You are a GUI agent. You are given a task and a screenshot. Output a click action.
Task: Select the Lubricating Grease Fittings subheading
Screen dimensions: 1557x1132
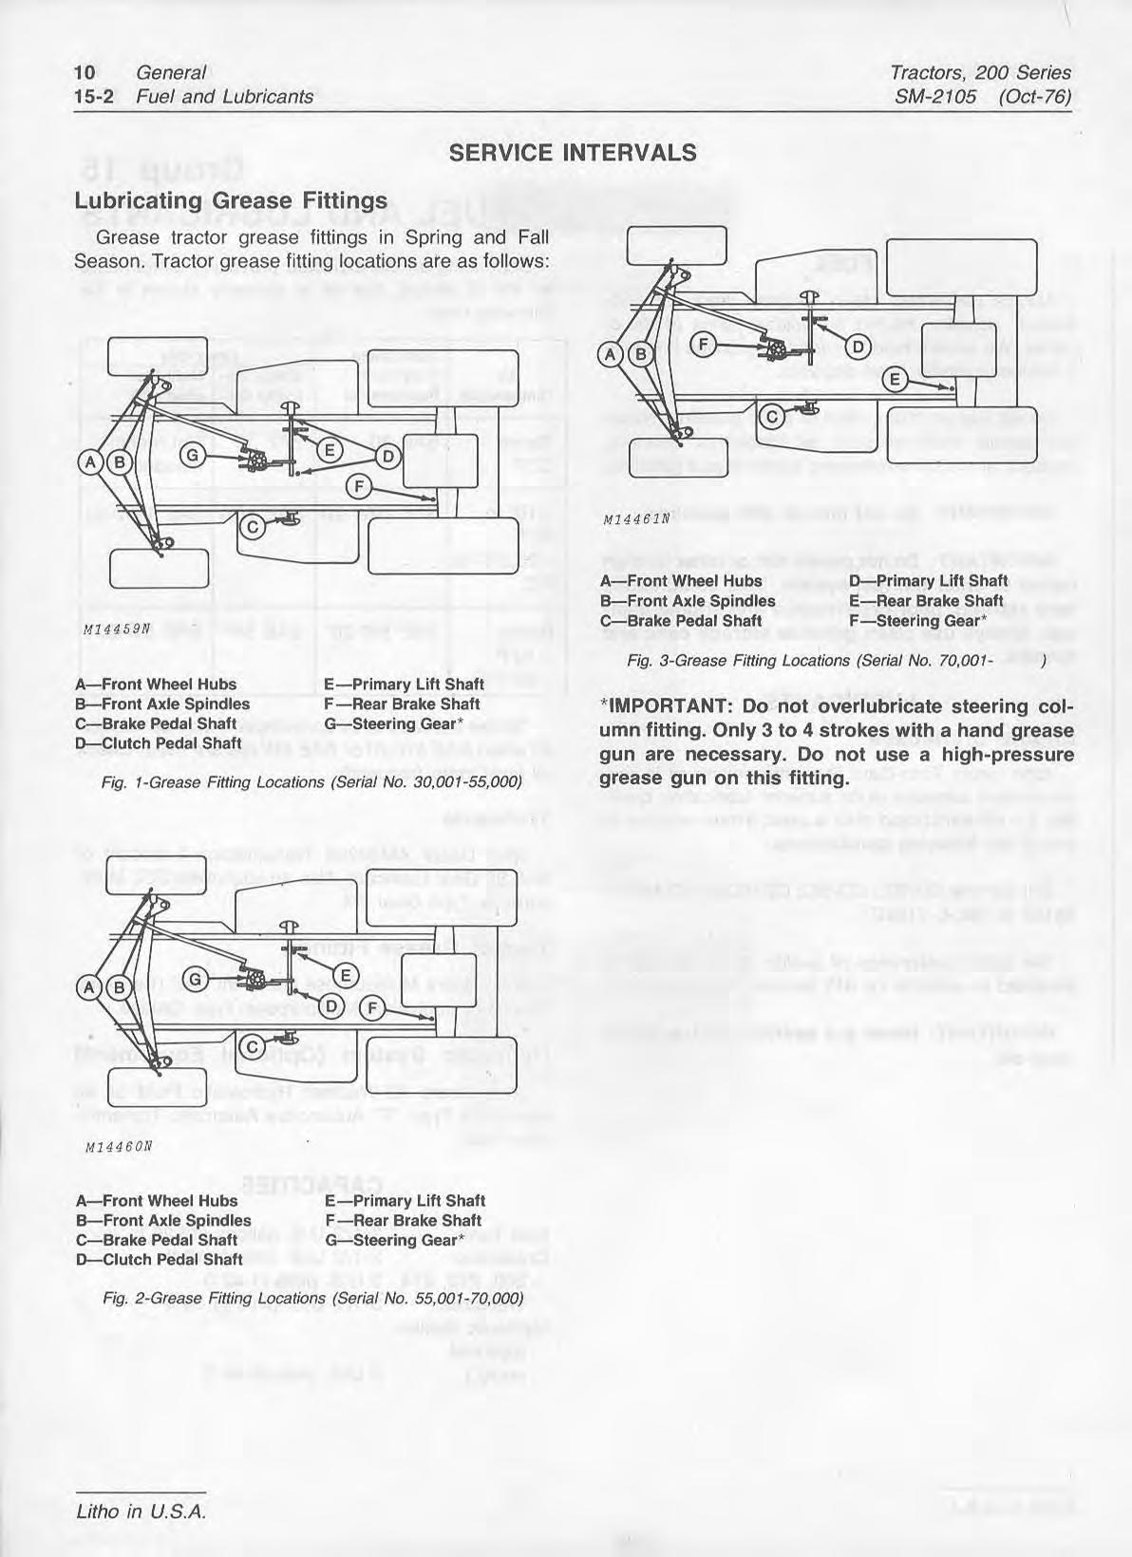[x=231, y=200]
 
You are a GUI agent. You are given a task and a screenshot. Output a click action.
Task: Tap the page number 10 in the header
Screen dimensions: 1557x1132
[x=85, y=72]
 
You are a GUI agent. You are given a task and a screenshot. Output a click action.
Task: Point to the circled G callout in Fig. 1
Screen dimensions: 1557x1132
[x=191, y=457]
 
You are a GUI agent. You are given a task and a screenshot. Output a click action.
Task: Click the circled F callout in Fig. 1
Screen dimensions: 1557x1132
[x=358, y=487]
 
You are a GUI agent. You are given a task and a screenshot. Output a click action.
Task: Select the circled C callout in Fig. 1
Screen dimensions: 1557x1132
[x=252, y=524]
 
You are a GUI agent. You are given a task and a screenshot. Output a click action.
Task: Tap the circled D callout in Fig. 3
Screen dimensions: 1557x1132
[x=856, y=346]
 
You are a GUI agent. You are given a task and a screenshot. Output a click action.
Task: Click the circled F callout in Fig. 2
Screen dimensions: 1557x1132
[x=372, y=1007]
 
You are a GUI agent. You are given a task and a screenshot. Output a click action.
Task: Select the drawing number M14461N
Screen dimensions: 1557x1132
[x=637, y=519]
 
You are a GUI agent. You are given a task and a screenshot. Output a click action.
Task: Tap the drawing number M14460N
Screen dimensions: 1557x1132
[x=113, y=1146]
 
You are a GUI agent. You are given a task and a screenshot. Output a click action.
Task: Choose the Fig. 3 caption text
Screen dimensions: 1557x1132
[x=822, y=661]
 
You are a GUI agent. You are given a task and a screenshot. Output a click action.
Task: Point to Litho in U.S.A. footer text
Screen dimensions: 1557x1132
[x=140, y=1510]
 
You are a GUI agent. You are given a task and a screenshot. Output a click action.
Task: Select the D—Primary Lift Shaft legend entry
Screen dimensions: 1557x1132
[x=928, y=581]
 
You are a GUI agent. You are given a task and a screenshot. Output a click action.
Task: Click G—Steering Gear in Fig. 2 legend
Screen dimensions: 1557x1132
[x=394, y=1240]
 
